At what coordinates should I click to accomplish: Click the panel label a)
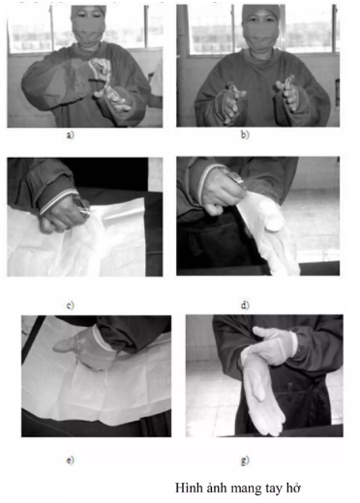70,134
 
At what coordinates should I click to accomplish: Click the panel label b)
245,134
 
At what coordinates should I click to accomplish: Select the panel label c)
70,305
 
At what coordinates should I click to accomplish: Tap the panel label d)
245,305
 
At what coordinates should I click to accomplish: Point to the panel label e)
70,459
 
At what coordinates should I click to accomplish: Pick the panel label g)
245,460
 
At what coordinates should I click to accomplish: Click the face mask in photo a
87,31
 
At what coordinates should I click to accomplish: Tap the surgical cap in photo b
261,12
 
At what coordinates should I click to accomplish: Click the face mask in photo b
260,35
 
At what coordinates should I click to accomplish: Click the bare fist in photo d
221,192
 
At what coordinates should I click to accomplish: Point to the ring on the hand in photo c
83,210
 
